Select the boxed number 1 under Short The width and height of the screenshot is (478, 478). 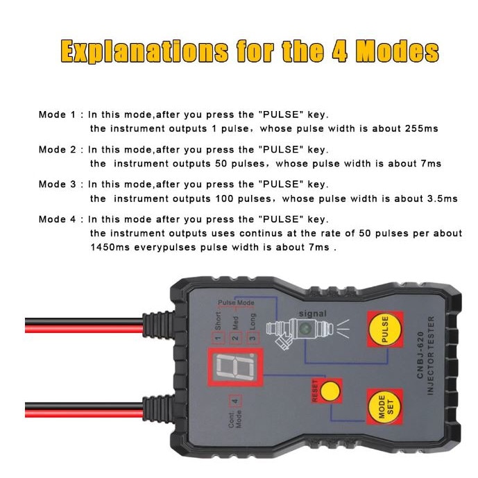point(217,338)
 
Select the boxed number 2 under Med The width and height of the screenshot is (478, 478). point(235,338)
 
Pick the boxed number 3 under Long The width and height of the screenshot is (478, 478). point(253,338)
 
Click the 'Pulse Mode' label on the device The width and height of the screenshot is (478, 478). point(236,303)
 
